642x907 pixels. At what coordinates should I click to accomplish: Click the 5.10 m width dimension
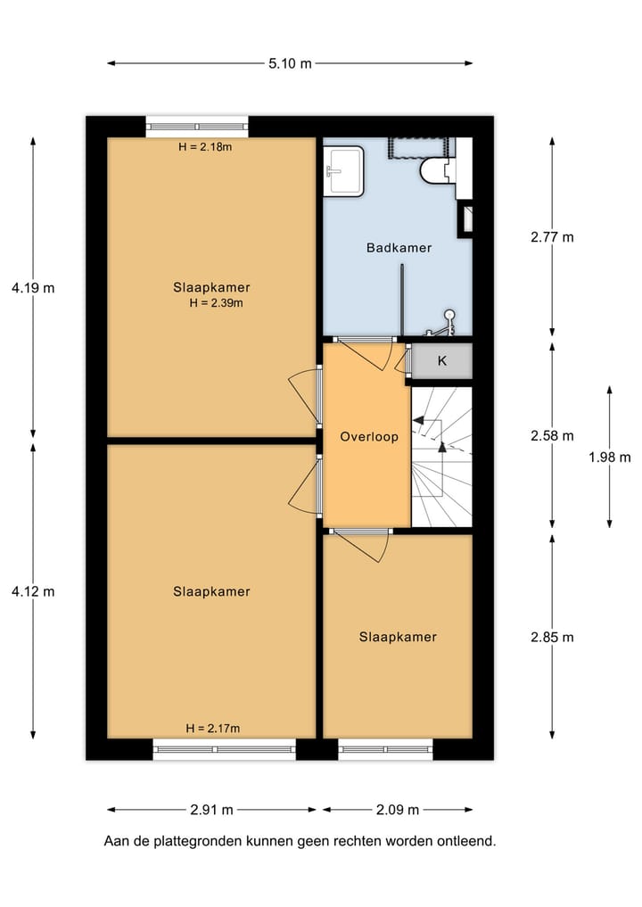pos(290,63)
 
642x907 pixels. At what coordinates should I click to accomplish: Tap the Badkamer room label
pos(399,248)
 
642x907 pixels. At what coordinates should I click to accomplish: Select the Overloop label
pos(369,437)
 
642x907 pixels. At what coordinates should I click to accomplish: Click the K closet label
pos(441,361)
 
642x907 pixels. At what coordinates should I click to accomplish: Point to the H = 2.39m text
pos(216,303)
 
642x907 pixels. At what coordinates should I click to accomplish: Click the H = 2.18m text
pos(205,147)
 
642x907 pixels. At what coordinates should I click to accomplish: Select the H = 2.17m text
pos(213,729)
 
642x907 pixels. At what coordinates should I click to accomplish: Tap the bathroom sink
pos(343,169)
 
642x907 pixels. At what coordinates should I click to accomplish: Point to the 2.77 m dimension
pos(552,237)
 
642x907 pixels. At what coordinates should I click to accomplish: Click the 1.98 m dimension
pos(610,458)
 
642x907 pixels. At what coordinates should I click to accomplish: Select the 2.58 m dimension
pos(552,436)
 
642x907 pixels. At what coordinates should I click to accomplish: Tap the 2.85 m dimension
pos(552,637)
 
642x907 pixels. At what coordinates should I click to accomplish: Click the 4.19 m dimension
pos(33,288)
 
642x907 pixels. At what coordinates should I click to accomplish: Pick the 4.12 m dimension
pos(33,591)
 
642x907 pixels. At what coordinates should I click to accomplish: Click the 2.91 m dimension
pos(211,810)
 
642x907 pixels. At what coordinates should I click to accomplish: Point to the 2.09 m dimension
pos(398,810)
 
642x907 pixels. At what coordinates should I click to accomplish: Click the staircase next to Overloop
pos(440,457)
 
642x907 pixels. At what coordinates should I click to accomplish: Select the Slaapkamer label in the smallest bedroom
pos(398,637)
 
